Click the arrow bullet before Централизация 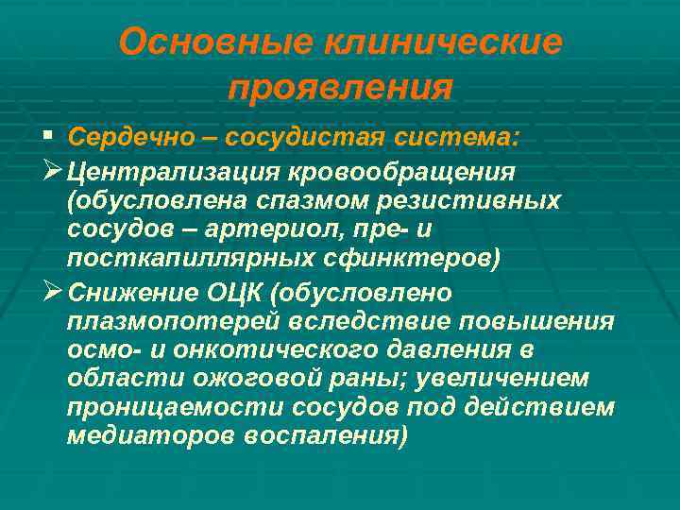pyautogui.click(x=53, y=173)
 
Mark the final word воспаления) pyautogui.click(x=326, y=435)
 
